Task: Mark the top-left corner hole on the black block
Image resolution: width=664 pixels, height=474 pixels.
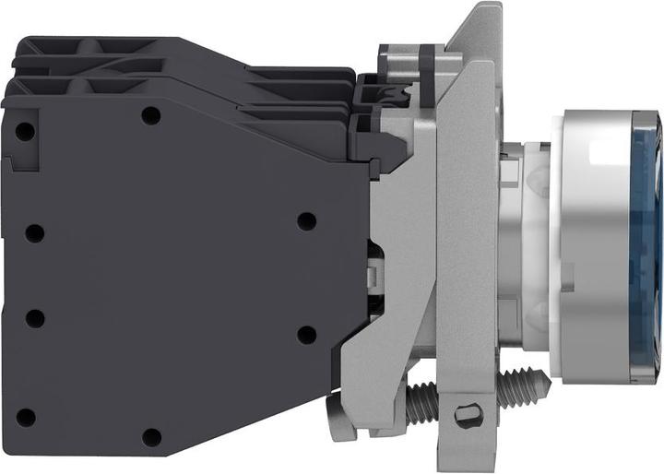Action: pos(26,132)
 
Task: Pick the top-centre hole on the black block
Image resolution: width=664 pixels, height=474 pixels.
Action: pos(152,116)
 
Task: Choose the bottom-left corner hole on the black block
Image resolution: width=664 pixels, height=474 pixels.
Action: pos(26,417)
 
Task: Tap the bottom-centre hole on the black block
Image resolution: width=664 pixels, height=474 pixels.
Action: pos(152,436)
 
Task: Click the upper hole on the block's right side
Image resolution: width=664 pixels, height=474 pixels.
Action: pos(306,221)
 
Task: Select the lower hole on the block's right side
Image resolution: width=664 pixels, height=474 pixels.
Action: pos(306,334)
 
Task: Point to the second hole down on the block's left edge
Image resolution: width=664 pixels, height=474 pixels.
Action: pos(35,232)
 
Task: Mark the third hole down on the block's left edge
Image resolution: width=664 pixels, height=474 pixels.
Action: pos(35,318)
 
